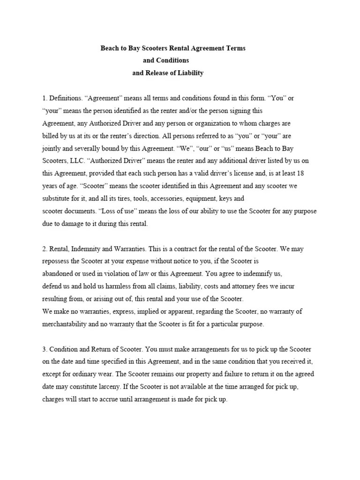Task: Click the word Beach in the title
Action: (x=110, y=48)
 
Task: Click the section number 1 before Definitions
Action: (x=44, y=98)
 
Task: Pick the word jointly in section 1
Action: (x=51, y=148)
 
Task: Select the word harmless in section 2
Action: (x=120, y=286)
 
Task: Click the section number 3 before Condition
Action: (x=44, y=350)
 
